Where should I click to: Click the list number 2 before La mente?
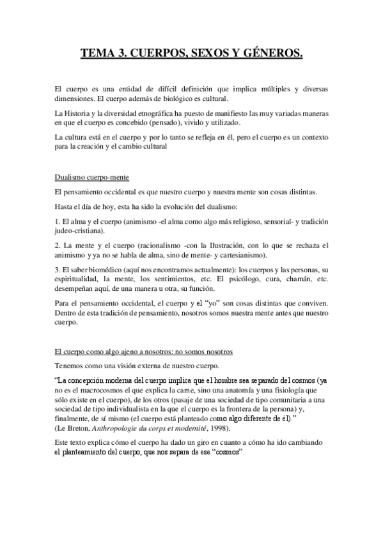[57, 245]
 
